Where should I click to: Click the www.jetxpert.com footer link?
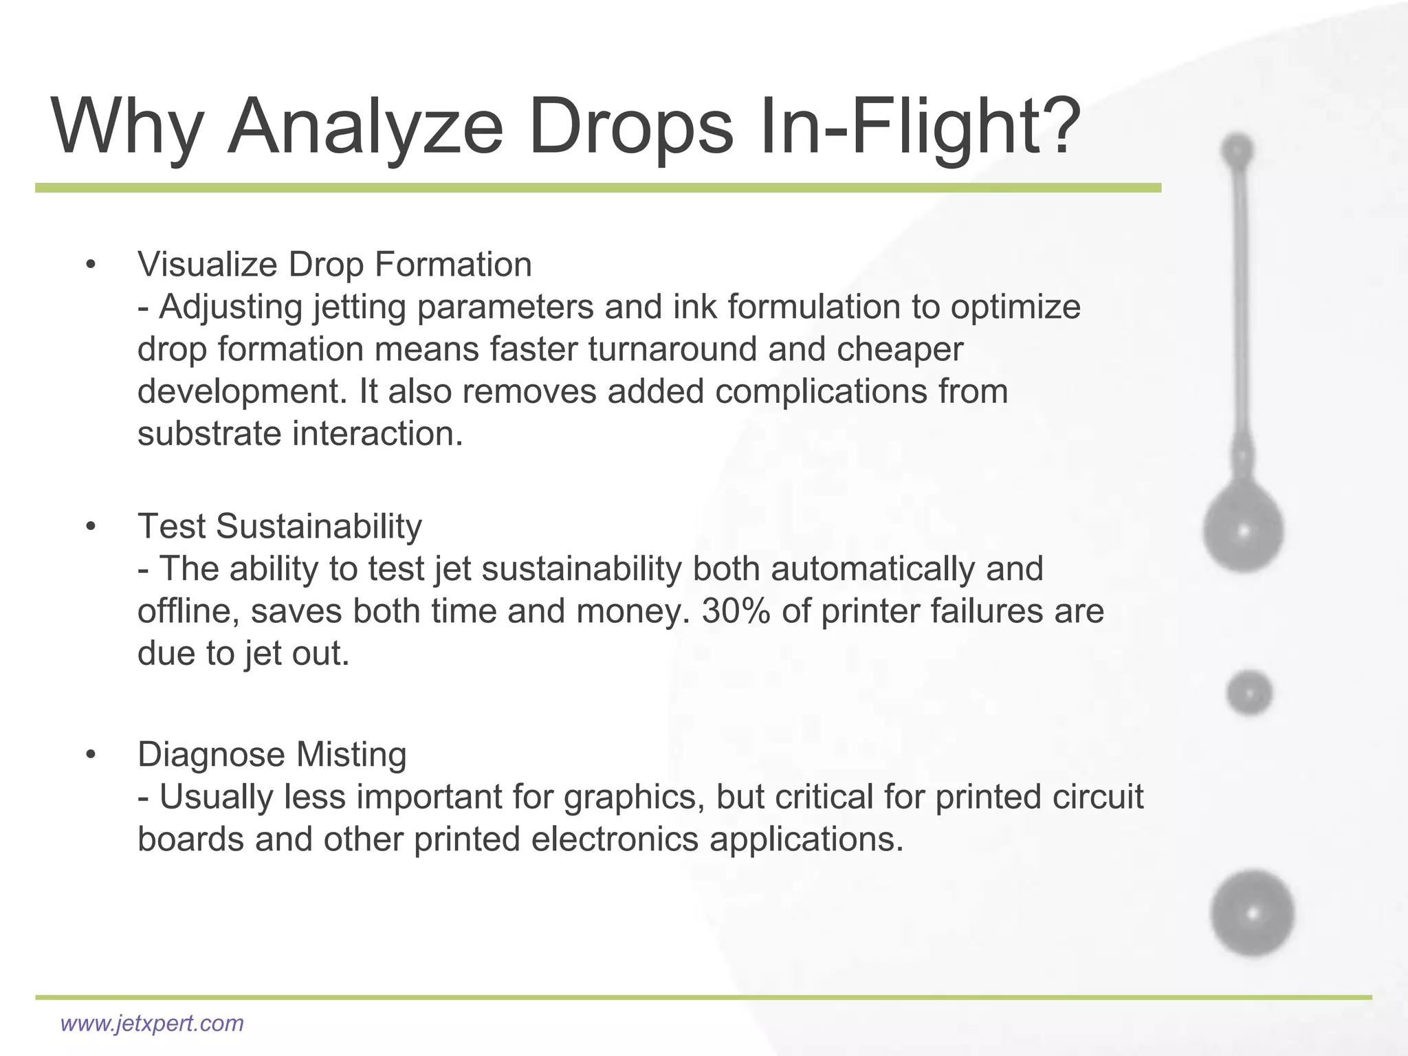point(152,1023)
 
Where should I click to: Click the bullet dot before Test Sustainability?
point(90,527)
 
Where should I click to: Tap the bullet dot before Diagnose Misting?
point(90,755)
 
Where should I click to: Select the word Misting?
point(351,755)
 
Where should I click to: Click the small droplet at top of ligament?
point(1237,150)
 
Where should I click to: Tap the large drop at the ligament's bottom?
point(1243,529)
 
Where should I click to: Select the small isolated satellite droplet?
point(1248,692)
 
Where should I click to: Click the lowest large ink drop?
point(1252,913)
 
